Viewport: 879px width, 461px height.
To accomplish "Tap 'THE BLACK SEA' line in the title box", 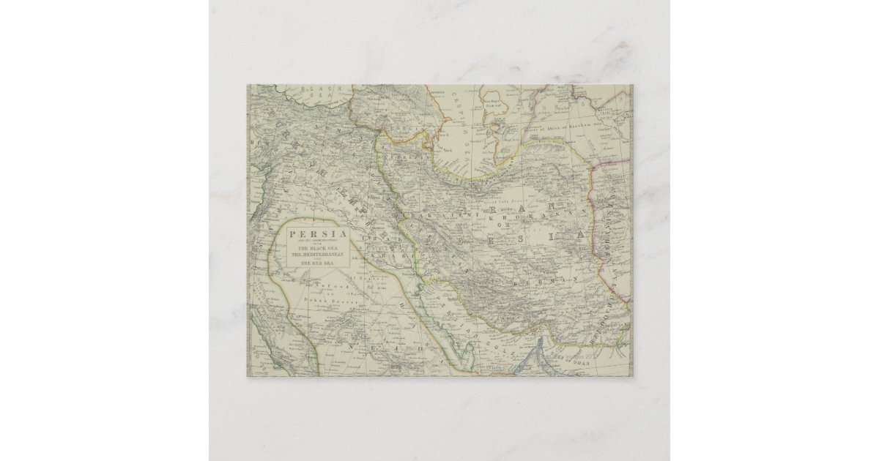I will tap(309, 247).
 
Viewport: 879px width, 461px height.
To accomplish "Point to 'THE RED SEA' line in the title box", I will tap(309, 265).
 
